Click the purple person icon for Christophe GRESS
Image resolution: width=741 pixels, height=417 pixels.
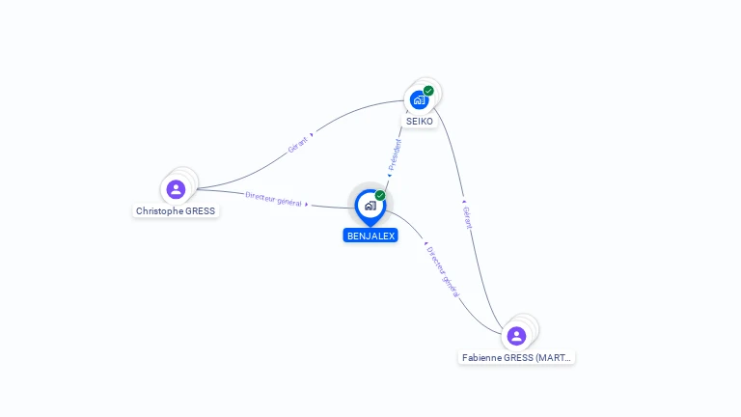coord(176,189)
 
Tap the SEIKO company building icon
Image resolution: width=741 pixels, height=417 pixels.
coord(419,99)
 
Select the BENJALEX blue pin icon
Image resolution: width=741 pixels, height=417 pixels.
coord(370,206)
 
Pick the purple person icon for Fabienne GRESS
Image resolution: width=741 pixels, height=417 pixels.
coord(516,336)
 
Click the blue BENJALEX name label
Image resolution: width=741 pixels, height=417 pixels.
coord(370,236)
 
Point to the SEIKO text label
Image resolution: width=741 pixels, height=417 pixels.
coord(420,121)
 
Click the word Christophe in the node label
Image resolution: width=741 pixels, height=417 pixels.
coord(159,211)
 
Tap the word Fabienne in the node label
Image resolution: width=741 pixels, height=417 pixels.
coord(484,357)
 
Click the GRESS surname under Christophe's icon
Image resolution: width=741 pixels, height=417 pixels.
coord(201,211)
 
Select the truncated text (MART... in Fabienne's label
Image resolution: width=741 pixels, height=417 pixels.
coord(554,357)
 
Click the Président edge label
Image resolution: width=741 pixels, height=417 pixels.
coord(395,155)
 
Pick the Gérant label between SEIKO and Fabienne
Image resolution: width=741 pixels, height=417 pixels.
coord(468,216)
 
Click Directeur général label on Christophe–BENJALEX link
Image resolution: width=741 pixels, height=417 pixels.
coord(274,199)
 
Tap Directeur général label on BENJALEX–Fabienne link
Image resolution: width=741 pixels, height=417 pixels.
coord(443,271)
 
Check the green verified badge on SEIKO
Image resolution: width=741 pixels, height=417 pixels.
coord(428,91)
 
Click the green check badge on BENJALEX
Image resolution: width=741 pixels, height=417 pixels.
coord(380,195)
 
